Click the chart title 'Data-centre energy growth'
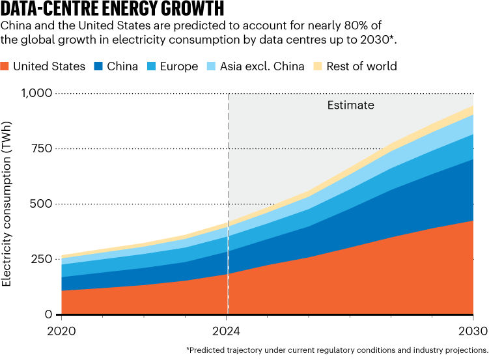tap(112, 8)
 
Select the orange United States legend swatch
tap(5, 66)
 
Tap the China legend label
tap(122, 66)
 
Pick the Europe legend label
tap(179, 66)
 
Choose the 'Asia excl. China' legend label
tap(262, 66)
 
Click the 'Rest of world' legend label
tap(362, 66)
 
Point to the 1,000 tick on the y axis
tap(36, 93)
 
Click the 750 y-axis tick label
tap(42, 148)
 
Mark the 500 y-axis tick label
tap(41, 204)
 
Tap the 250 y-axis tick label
tap(42, 259)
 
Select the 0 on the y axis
tap(48, 314)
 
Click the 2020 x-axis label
tap(61, 331)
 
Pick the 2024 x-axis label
tap(226, 331)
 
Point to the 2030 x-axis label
tap(473, 331)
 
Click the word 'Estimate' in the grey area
tap(350, 105)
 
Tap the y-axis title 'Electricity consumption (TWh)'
tap(7, 204)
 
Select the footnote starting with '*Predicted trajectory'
tap(337, 350)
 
